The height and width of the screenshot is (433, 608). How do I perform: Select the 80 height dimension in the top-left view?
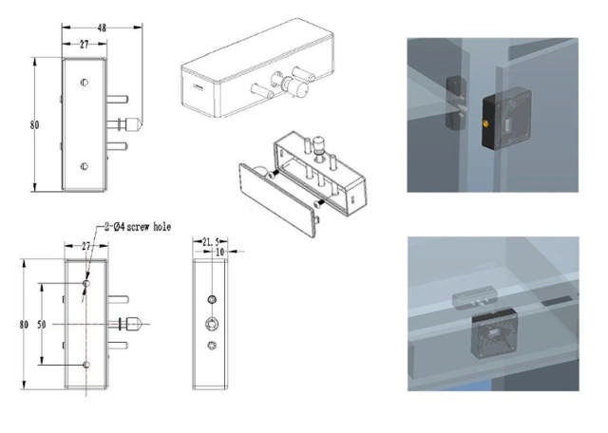tap(34, 124)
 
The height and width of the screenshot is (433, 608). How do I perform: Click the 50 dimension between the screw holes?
tap(41, 324)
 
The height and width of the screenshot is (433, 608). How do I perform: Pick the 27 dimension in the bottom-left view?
tap(86, 246)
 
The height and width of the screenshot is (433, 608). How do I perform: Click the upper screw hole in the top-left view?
tap(85, 83)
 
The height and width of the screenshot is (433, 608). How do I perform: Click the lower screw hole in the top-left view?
tap(85, 168)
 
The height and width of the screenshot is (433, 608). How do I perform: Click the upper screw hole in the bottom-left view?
tap(86, 283)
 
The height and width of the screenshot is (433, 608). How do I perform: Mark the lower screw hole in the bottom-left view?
tap(86, 365)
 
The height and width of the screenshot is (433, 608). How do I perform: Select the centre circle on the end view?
tap(211, 324)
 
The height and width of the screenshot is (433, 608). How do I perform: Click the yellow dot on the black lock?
tap(487, 122)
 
